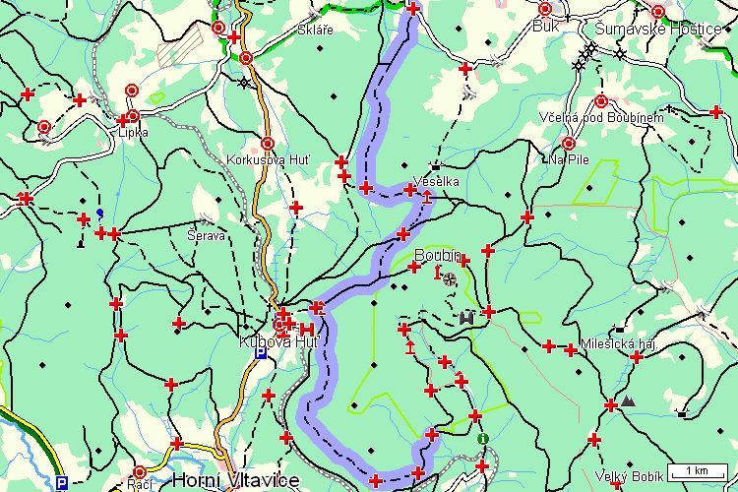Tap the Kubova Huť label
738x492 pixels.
266,341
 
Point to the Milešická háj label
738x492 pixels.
618,342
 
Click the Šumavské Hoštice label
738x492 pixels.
672,29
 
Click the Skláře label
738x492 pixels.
315,31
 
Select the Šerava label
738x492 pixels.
207,236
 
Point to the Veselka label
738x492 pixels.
437,182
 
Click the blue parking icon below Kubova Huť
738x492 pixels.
260,353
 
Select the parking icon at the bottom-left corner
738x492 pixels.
61,483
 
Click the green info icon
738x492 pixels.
482,439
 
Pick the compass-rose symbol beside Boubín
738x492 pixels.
450,278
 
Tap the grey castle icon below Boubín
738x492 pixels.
467,317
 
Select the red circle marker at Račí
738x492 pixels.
140,472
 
